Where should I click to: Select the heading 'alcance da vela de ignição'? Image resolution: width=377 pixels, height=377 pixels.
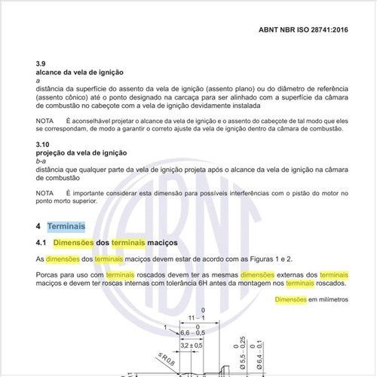point(77,74)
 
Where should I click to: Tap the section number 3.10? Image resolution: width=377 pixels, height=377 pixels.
point(43,143)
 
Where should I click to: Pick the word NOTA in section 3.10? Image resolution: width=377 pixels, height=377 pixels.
point(46,194)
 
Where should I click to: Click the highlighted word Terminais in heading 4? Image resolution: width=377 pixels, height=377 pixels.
point(66,226)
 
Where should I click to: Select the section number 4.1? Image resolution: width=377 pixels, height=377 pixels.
point(41,243)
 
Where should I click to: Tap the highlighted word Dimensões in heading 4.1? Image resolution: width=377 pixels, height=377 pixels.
point(76,243)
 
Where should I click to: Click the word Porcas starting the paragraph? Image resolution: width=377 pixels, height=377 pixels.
point(48,275)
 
